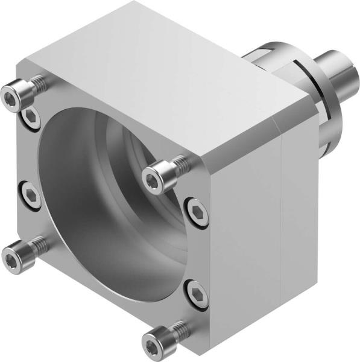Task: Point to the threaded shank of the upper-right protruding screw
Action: (178, 164)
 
